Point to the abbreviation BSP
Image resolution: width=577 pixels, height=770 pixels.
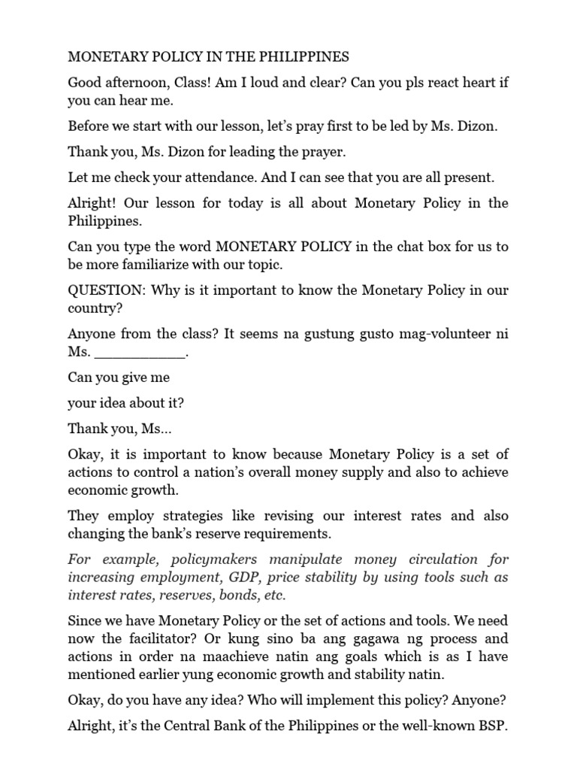click(x=491, y=726)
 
